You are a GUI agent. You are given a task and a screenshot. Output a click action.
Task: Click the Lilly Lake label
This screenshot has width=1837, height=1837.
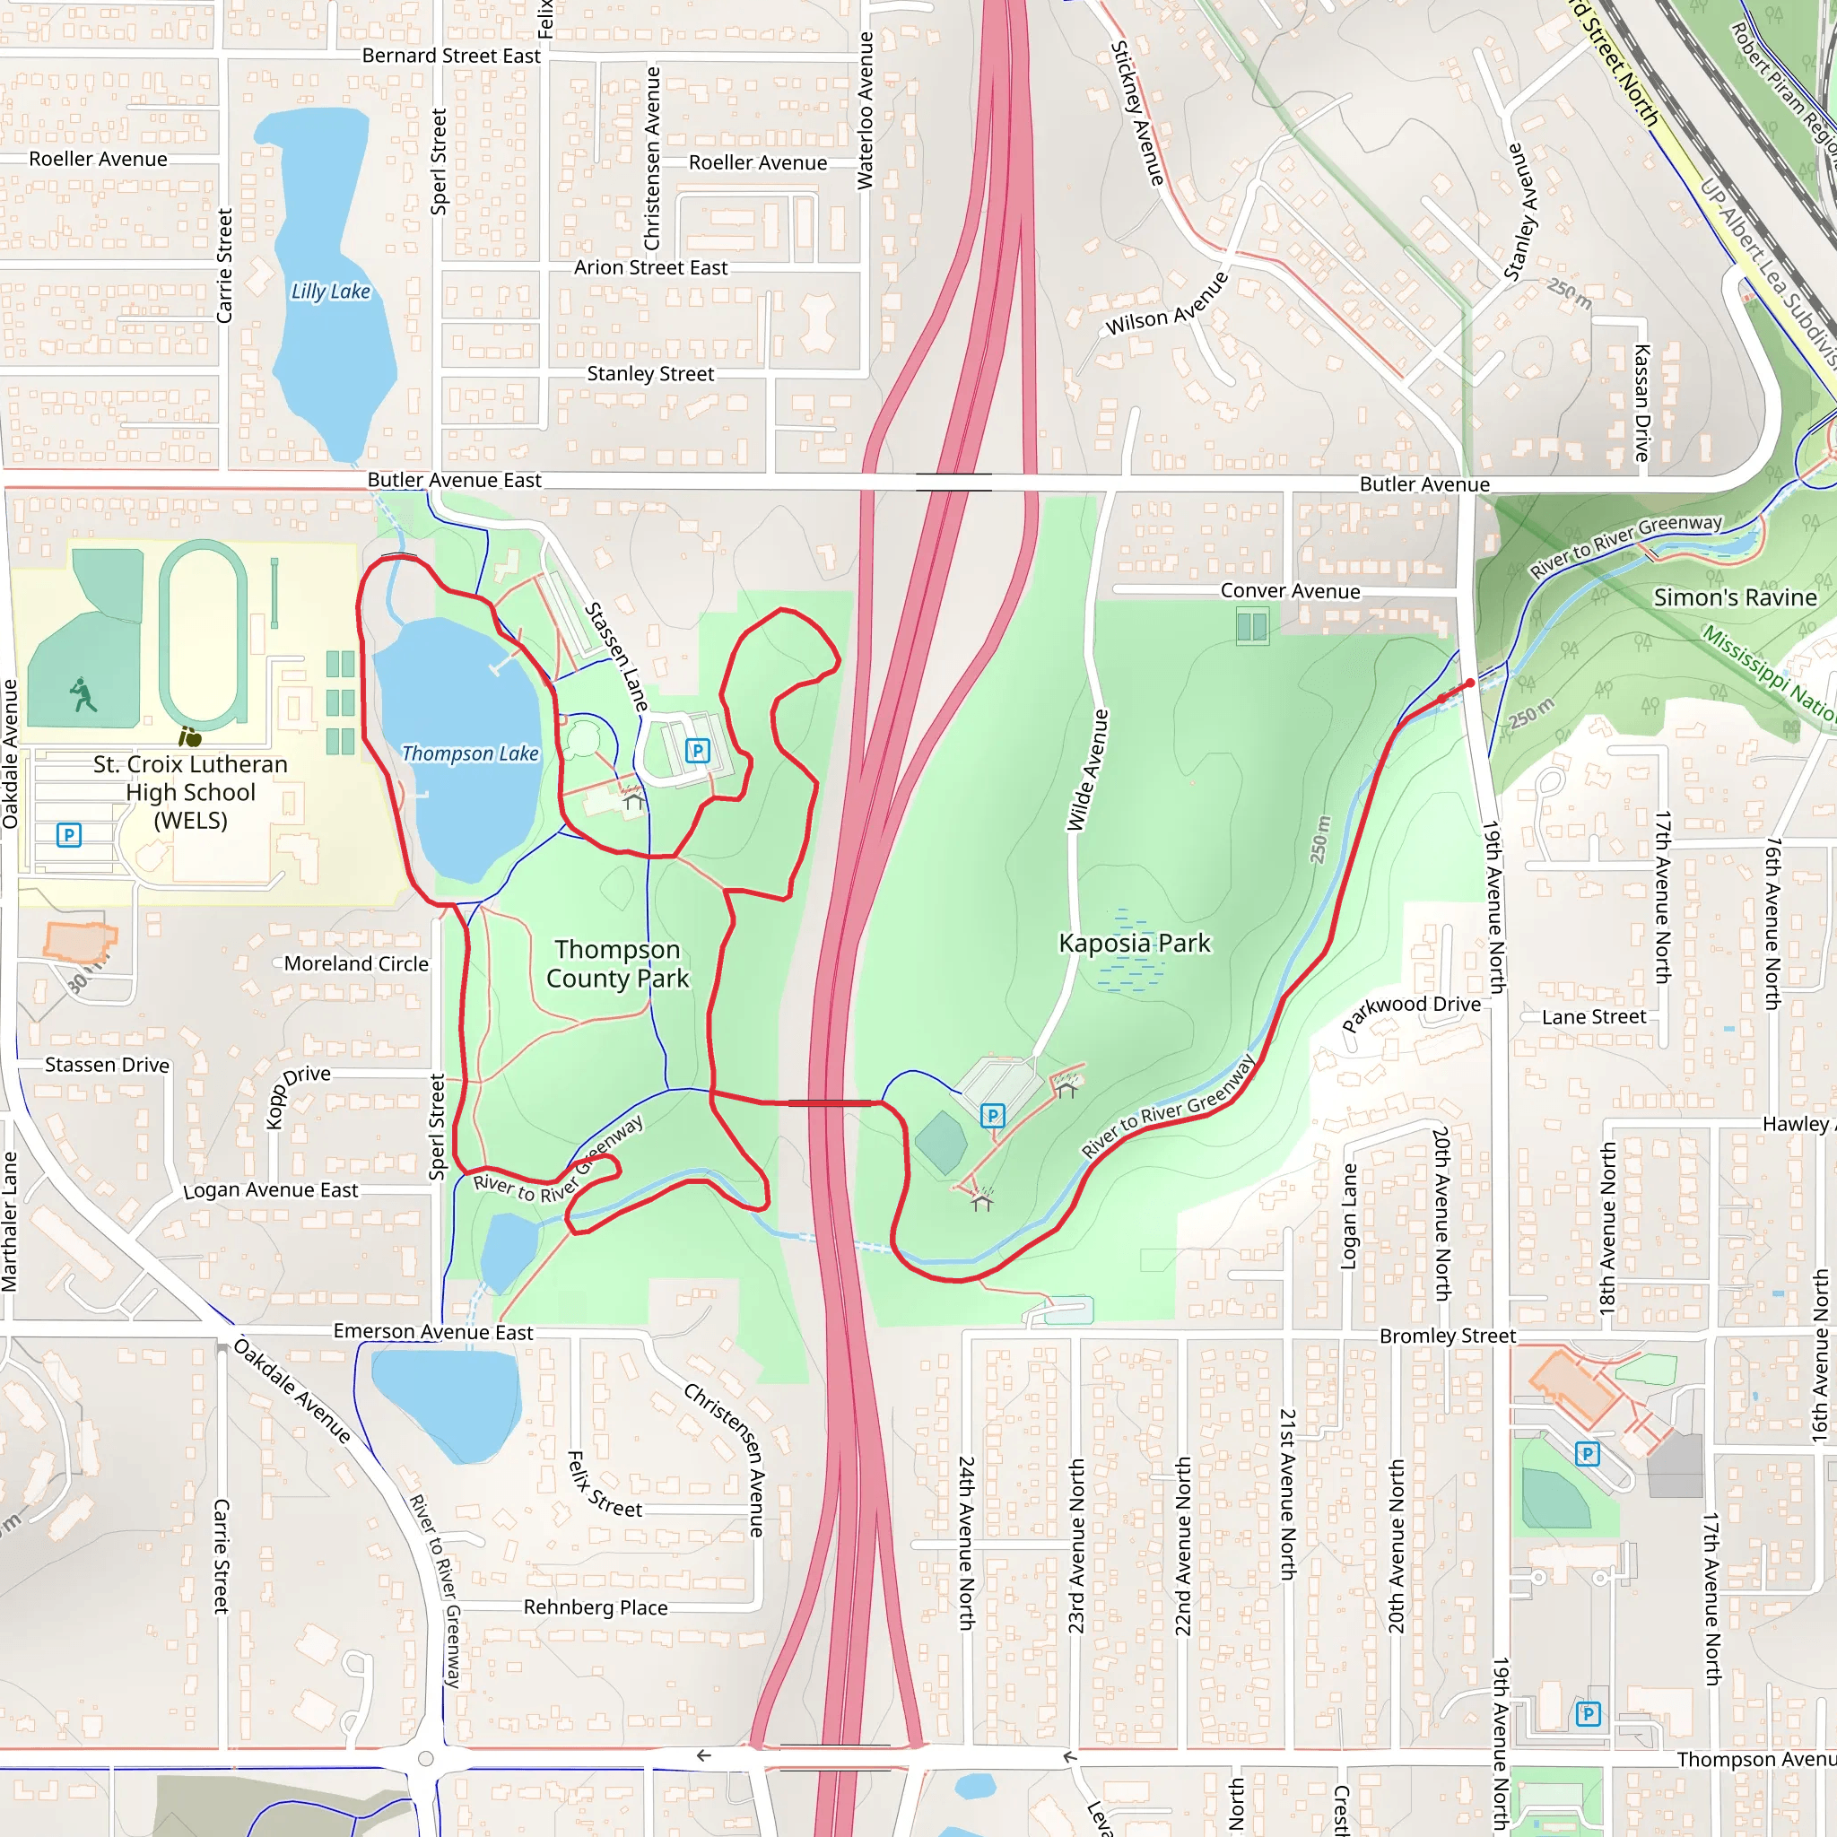[x=330, y=292]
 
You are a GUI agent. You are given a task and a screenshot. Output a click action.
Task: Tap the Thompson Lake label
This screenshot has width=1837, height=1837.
[x=470, y=754]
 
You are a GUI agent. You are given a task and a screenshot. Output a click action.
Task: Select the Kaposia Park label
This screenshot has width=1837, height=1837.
[x=1135, y=944]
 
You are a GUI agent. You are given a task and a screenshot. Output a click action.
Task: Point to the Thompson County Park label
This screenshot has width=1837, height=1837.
[x=617, y=964]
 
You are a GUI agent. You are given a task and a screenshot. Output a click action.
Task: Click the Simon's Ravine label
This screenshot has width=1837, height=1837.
[x=1735, y=598]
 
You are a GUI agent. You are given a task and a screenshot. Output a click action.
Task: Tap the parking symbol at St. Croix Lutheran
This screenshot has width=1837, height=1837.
[x=68, y=835]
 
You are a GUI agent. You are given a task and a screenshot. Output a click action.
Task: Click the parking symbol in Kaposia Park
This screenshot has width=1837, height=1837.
[x=992, y=1115]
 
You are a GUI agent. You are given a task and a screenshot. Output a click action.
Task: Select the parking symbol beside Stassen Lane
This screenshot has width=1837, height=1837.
[x=697, y=751]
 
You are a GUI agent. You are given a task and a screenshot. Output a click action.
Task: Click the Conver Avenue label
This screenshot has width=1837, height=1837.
[x=1289, y=591]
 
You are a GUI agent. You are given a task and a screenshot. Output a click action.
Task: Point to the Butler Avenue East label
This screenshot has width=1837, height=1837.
[x=454, y=480]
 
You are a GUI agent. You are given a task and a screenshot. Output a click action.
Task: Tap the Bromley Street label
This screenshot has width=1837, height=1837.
[x=1447, y=1336]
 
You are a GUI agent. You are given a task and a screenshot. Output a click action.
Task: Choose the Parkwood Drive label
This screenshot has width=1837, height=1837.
[x=1411, y=1014]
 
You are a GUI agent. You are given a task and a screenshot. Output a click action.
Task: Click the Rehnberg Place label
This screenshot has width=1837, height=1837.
[x=596, y=1608]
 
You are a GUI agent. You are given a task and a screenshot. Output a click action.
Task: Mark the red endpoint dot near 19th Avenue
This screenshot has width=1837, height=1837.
[x=1470, y=683]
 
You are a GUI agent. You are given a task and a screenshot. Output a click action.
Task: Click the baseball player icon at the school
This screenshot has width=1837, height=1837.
[x=83, y=694]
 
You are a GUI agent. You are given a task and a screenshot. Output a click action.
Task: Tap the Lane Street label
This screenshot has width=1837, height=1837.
[x=1594, y=1017]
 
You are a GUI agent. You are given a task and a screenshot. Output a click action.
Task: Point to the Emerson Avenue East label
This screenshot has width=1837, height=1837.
[x=432, y=1332]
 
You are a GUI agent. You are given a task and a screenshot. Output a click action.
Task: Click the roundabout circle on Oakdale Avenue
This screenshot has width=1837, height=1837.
[x=426, y=1759]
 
